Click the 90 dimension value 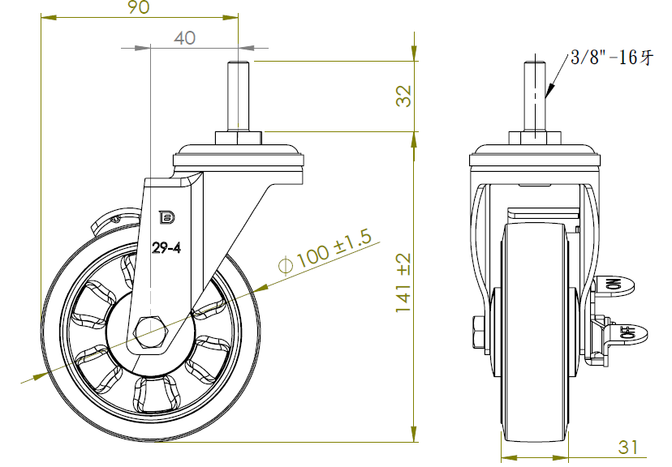pos(139,8)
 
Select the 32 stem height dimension pos(403,96)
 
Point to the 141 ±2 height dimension pos(403,283)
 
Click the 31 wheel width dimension pos(628,446)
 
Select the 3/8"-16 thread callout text pos(611,58)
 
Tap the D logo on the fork pos(166,217)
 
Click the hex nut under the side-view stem pos(239,137)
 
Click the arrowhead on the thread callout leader pos(549,91)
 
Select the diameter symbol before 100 pos(285,265)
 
